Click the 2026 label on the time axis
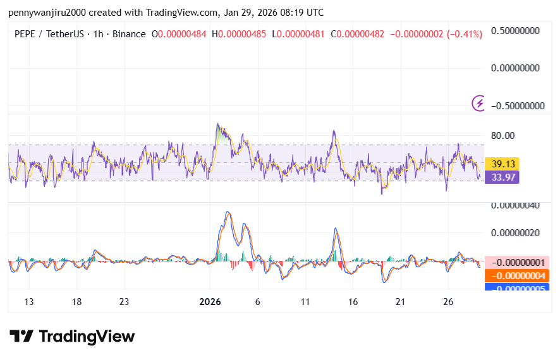[210, 302]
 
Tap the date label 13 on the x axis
[29, 302]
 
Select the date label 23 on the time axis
[124, 302]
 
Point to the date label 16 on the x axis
[353, 302]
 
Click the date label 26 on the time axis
[447, 302]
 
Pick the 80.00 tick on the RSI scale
[503, 135]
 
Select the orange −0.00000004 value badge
[518, 275]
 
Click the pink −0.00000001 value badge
[518, 262]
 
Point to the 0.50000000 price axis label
[518, 30]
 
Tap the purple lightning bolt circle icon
[479, 103]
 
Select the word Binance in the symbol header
[128, 33]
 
